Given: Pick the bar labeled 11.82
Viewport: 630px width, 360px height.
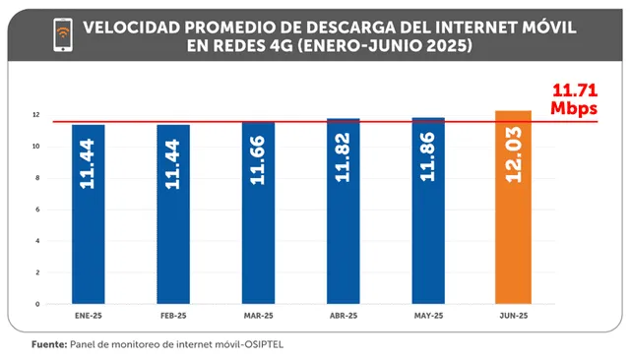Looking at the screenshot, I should (344, 211).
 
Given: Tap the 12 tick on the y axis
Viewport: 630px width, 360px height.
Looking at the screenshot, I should (35, 115).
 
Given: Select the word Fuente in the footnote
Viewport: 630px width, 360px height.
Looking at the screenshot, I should (48, 345).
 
